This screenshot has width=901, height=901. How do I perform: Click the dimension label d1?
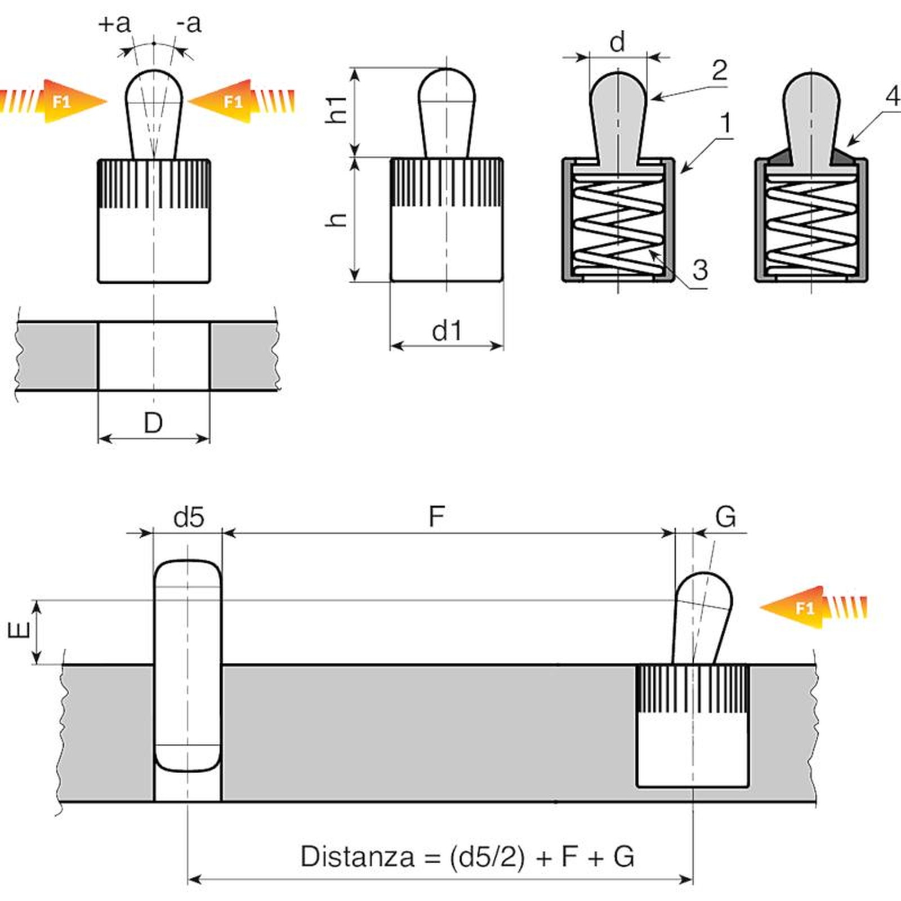(x=447, y=331)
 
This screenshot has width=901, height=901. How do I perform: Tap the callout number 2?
(x=719, y=71)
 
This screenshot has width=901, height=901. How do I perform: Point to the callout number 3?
(x=700, y=270)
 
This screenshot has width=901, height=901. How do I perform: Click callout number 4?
(x=893, y=96)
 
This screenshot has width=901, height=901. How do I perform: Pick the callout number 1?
(x=726, y=123)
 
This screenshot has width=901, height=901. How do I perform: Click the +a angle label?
(x=114, y=24)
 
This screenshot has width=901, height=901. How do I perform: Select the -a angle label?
(x=189, y=24)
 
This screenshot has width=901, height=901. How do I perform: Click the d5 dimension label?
(x=189, y=517)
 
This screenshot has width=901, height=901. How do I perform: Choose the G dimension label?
(x=725, y=516)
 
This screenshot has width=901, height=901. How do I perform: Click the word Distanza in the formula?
(x=358, y=857)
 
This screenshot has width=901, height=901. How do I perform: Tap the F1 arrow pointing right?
(x=59, y=102)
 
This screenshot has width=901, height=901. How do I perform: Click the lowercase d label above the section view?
(x=617, y=42)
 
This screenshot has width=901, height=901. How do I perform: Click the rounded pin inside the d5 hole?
(x=188, y=664)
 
